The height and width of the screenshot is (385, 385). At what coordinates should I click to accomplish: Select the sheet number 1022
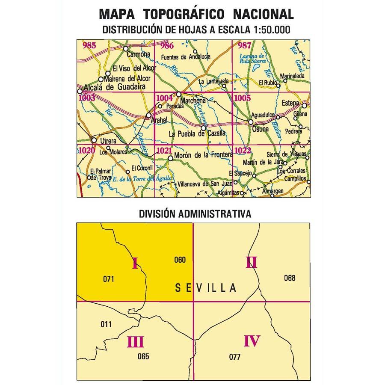click(242, 150)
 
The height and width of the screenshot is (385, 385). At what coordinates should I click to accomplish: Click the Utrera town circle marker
click(94, 140)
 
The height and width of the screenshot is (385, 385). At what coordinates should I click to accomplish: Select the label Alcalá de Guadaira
click(114, 87)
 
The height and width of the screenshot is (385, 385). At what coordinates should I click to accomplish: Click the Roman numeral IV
click(252, 341)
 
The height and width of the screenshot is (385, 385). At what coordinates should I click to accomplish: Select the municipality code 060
click(180, 259)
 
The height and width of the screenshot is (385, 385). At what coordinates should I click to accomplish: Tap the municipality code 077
click(235, 357)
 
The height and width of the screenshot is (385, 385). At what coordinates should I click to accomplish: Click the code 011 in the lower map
click(106, 324)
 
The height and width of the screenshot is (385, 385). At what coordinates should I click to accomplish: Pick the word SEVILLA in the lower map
click(206, 288)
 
